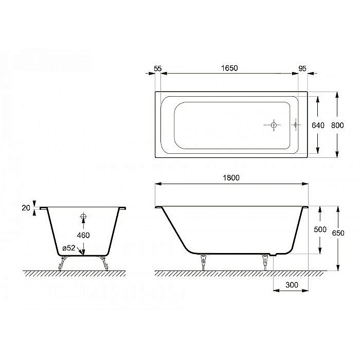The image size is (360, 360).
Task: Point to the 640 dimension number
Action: click(x=319, y=125)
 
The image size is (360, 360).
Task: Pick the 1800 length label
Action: click(x=232, y=177)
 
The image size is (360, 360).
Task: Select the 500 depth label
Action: click(x=320, y=229)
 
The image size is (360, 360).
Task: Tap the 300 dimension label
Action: click(x=291, y=284)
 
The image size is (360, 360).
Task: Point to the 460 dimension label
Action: click(x=83, y=235)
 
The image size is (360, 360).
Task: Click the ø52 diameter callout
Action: click(x=69, y=248)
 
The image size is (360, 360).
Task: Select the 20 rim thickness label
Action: click(x=25, y=208)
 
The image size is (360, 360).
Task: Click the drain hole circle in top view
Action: click(x=274, y=125)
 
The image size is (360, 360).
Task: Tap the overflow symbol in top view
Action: click(x=295, y=125)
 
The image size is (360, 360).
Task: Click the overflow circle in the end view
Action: click(x=83, y=217)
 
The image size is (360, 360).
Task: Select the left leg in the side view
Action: click(x=204, y=261)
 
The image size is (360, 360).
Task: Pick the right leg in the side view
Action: click(x=265, y=261)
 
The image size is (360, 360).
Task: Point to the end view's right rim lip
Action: click(x=122, y=208)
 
